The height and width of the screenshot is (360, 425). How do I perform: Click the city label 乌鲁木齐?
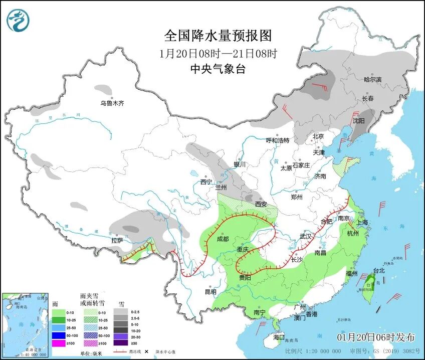pos(111,103)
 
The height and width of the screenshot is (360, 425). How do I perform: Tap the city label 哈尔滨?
pos(372,79)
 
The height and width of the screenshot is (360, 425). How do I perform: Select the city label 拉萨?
pos(117,241)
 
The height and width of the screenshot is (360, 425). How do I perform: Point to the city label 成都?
pos(223,239)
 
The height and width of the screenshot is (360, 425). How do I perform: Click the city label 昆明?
pos(210,292)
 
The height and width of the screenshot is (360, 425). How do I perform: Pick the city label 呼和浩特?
pos(277,140)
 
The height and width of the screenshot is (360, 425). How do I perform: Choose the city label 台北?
pos(378,271)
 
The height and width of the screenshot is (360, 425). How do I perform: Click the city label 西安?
pos(261,204)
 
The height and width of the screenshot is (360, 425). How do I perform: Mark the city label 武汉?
pos(305,236)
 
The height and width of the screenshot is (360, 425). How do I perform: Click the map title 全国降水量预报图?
pos(218,36)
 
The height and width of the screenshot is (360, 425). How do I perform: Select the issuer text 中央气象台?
pos(218,69)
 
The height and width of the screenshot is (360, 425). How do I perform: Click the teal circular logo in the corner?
pos(18,21)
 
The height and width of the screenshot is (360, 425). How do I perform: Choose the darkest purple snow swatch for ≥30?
pos(120,343)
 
